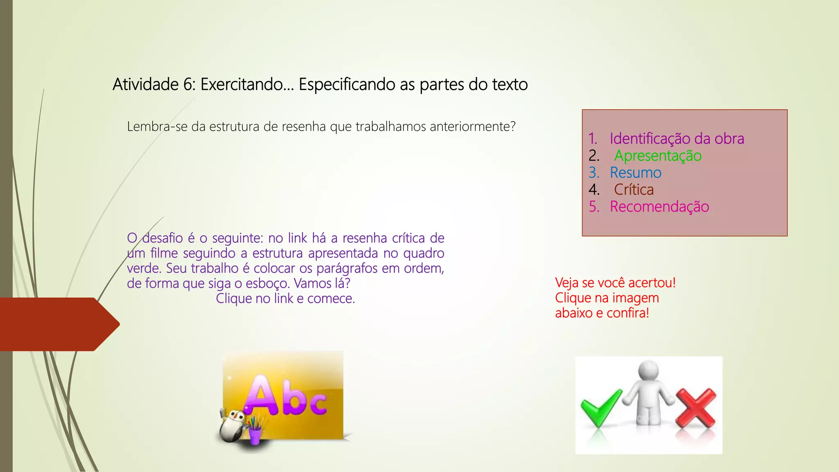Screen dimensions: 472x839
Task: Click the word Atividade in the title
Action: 145,84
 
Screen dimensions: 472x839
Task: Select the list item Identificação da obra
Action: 676,138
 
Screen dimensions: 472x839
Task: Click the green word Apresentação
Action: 658,156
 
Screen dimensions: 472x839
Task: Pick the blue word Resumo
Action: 635,172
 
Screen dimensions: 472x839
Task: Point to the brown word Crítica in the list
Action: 633,190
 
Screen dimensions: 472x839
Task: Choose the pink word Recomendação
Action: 659,206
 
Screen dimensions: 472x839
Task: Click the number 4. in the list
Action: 594,190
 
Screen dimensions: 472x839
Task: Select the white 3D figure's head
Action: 649,370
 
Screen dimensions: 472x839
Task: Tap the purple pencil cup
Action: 254,434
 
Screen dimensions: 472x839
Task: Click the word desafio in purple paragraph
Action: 162,238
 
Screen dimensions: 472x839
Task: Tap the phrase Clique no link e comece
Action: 285,299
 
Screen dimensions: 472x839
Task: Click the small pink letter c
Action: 318,404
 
